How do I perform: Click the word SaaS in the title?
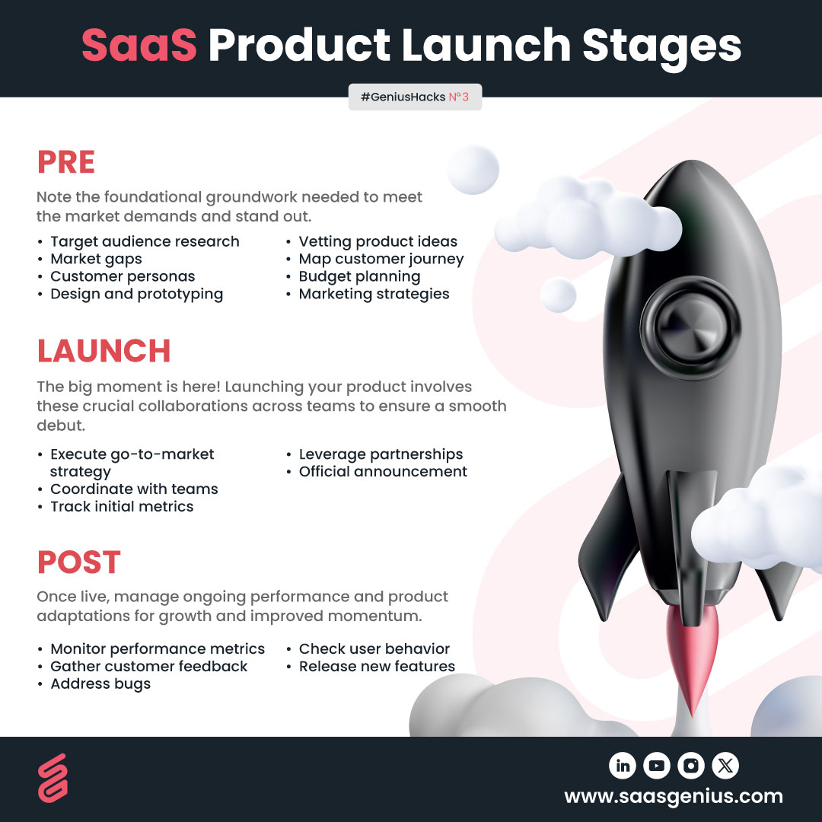pyautogui.click(x=139, y=45)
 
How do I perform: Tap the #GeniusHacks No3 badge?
pyautogui.click(x=415, y=97)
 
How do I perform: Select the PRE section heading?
pyautogui.click(x=66, y=162)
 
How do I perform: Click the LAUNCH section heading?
pyautogui.click(x=104, y=351)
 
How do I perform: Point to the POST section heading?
pyautogui.click(x=79, y=562)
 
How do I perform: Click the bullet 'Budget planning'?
pyautogui.click(x=359, y=276)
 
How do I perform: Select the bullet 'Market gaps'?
pyautogui.click(x=96, y=259)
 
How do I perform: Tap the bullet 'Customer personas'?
pyautogui.click(x=123, y=276)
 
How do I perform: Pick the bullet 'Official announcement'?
pyautogui.click(x=383, y=471)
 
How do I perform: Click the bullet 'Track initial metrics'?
pyautogui.click(x=122, y=506)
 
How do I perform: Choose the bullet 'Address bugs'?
pyautogui.click(x=100, y=683)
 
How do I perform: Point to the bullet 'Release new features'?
pyautogui.click(x=377, y=666)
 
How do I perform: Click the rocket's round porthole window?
pyautogui.click(x=690, y=327)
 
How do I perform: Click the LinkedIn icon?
pyautogui.click(x=623, y=766)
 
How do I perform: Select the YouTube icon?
pyautogui.click(x=657, y=766)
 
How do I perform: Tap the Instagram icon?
pyautogui.click(x=691, y=766)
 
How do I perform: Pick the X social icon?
pyautogui.click(x=725, y=766)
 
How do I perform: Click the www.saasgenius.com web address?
pyautogui.click(x=674, y=796)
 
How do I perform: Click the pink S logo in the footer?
pyautogui.click(x=53, y=778)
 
